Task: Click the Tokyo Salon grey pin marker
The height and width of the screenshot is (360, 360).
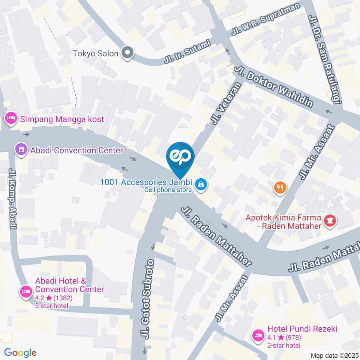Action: pos(127,53)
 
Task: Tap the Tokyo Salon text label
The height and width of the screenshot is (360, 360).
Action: pos(95,53)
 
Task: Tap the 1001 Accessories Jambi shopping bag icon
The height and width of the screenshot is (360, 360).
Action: pos(201,184)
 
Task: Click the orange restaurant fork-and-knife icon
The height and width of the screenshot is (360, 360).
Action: pos(280,187)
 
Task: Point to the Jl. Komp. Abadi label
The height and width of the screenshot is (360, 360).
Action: pos(12,198)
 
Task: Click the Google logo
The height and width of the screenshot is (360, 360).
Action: pos(20,353)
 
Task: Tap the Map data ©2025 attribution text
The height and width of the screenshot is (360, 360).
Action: pos(334,355)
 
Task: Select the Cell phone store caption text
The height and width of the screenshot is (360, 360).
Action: pos(168,190)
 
